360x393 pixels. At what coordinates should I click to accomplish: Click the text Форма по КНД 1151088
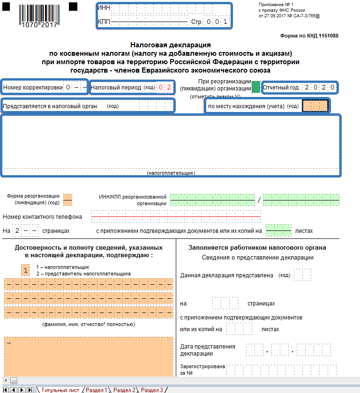[x=309, y=36]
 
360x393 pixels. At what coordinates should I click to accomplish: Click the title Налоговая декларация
[x=170, y=45]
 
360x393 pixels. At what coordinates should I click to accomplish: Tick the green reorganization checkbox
[x=256, y=87]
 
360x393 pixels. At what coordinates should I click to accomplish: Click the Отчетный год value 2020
[x=319, y=87]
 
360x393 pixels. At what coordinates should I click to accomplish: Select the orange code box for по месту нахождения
[x=315, y=106]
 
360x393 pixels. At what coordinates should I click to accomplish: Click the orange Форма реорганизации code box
[x=67, y=200]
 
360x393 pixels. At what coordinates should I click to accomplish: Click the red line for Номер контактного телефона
[x=176, y=217]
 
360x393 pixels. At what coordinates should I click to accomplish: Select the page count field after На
[x=25, y=231]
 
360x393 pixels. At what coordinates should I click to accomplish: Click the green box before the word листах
[x=278, y=230]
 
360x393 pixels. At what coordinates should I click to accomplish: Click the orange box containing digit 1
[x=25, y=270]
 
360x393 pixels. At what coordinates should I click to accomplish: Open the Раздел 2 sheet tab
[x=124, y=390]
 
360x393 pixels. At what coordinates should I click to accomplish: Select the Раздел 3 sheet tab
[x=152, y=390]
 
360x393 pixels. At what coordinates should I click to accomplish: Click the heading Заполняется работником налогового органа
[x=257, y=248]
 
